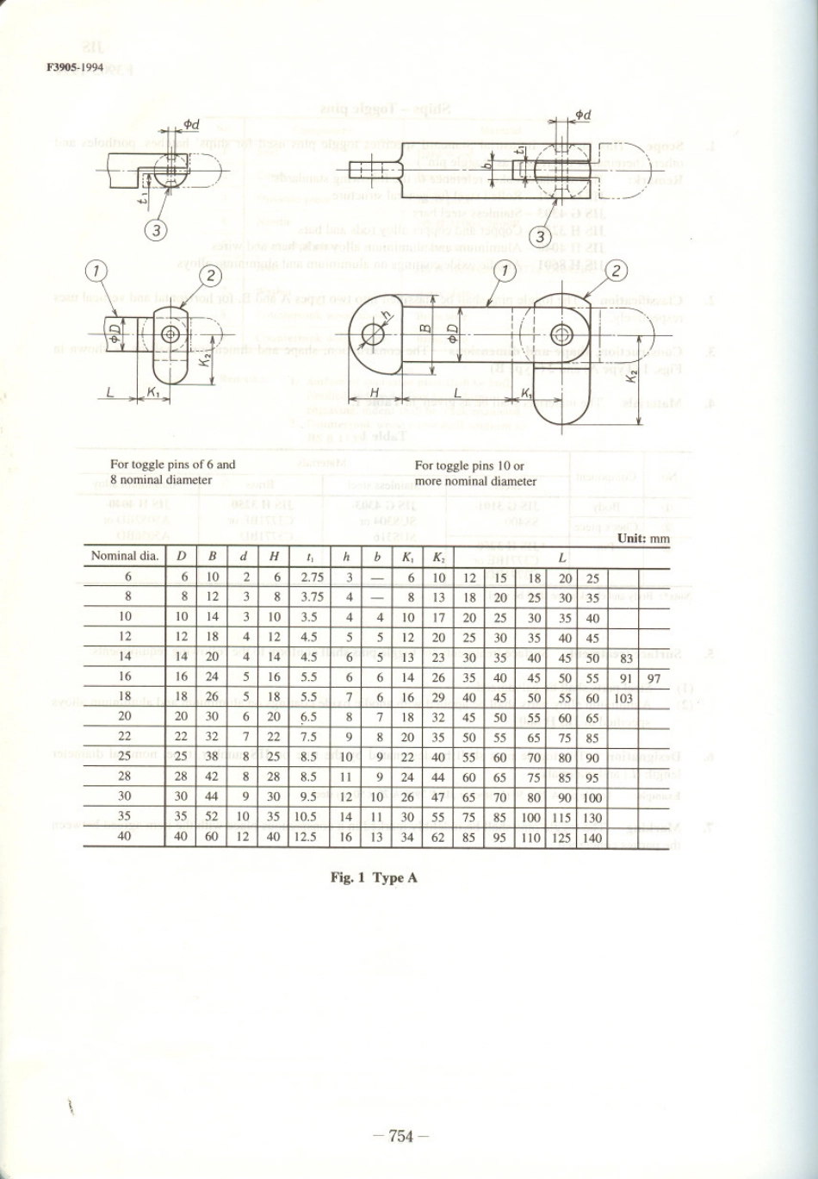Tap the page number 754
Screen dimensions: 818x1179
(x=402, y=1136)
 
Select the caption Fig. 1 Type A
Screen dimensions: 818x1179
(x=375, y=878)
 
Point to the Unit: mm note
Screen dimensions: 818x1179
(x=642, y=539)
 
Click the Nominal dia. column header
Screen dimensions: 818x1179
(x=125, y=557)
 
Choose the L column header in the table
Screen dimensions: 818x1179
(x=561, y=558)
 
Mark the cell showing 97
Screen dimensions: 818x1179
(x=654, y=678)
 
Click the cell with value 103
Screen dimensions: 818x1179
(x=623, y=698)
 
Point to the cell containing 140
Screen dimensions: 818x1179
(x=592, y=836)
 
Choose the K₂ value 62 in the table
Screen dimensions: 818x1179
(x=437, y=836)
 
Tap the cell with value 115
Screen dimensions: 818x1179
(x=561, y=816)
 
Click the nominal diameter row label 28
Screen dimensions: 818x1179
(x=125, y=777)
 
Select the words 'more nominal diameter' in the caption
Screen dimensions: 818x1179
(x=475, y=481)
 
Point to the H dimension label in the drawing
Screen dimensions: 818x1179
(x=374, y=392)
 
